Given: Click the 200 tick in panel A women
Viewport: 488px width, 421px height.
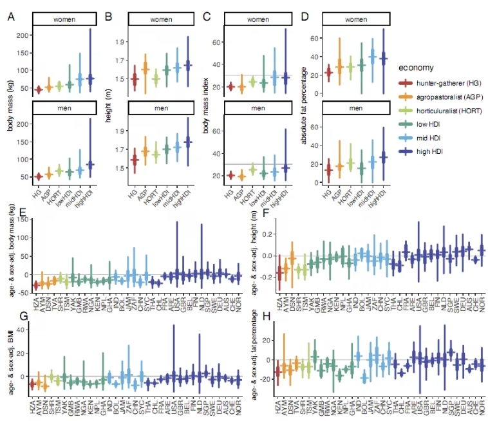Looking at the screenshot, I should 21,35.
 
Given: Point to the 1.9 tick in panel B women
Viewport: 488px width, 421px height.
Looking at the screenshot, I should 119,42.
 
